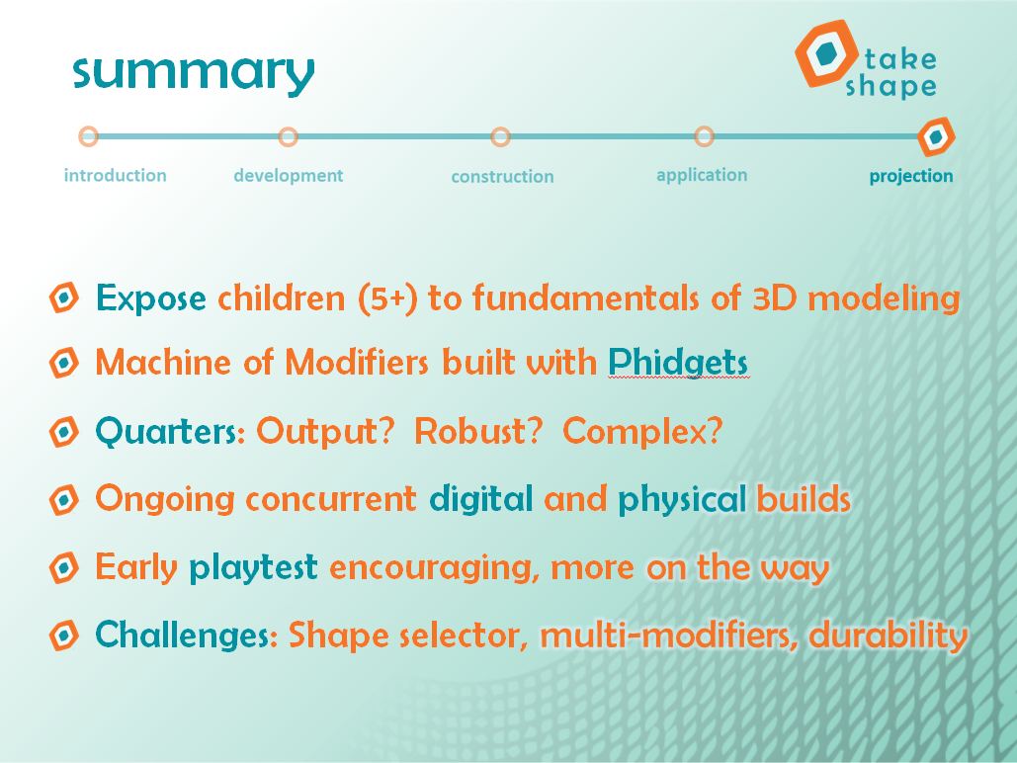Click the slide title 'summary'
(194, 74)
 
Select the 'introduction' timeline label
(115, 175)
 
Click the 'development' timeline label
(288, 176)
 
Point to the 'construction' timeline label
(502, 177)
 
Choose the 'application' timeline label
(702, 175)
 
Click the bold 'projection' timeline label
(911, 177)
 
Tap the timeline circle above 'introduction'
(89, 136)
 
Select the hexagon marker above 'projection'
(936, 137)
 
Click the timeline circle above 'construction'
(500, 137)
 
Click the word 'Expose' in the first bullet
(151, 299)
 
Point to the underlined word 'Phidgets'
(678, 362)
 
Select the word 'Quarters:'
(171, 432)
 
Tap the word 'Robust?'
(478, 431)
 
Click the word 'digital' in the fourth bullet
(480, 499)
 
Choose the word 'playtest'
(253, 567)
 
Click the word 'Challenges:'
(187, 635)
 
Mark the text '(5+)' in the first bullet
(387, 299)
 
